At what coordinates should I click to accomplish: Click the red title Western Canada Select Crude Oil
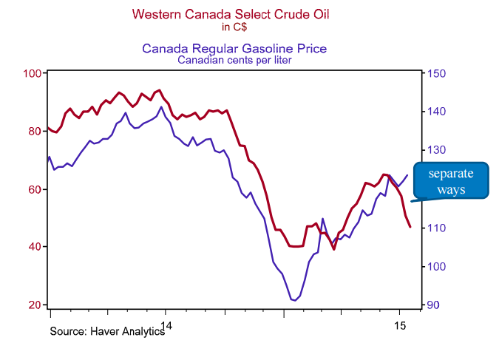pyautogui.click(x=231, y=14)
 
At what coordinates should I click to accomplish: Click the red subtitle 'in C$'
pyautogui.click(x=234, y=27)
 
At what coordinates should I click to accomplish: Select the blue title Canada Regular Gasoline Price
pyautogui.click(x=234, y=48)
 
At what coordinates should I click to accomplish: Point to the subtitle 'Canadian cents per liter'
pyautogui.click(x=234, y=60)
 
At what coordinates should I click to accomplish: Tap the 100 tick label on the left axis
pyautogui.click(x=32, y=73)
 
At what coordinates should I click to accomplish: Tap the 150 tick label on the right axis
pyautogui.click(x=436, y=73)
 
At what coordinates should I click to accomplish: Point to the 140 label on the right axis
pyautogui.click(x=436, y=112)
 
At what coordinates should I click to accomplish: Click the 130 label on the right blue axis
pyautogui.click(x=436, y=150)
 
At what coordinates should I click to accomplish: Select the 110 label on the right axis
pyautogui.click(x=436, y=228)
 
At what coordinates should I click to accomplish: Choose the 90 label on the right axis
pyautogui.click(x=433, y=305)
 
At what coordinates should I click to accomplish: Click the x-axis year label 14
pyautogui.click(x=166, y=325)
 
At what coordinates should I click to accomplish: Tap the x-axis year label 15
pyautogui.click(x=400, y=325)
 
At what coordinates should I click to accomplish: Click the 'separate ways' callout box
pyautogui.click(x=451, y=181)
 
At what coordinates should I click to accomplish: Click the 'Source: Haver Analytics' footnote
pyautogui.click(x=107, y=331)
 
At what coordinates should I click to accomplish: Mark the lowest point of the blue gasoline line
pyautogui.click(x=295, y=300)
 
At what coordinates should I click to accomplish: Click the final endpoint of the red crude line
pyautogui.click(x=410, y=227)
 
